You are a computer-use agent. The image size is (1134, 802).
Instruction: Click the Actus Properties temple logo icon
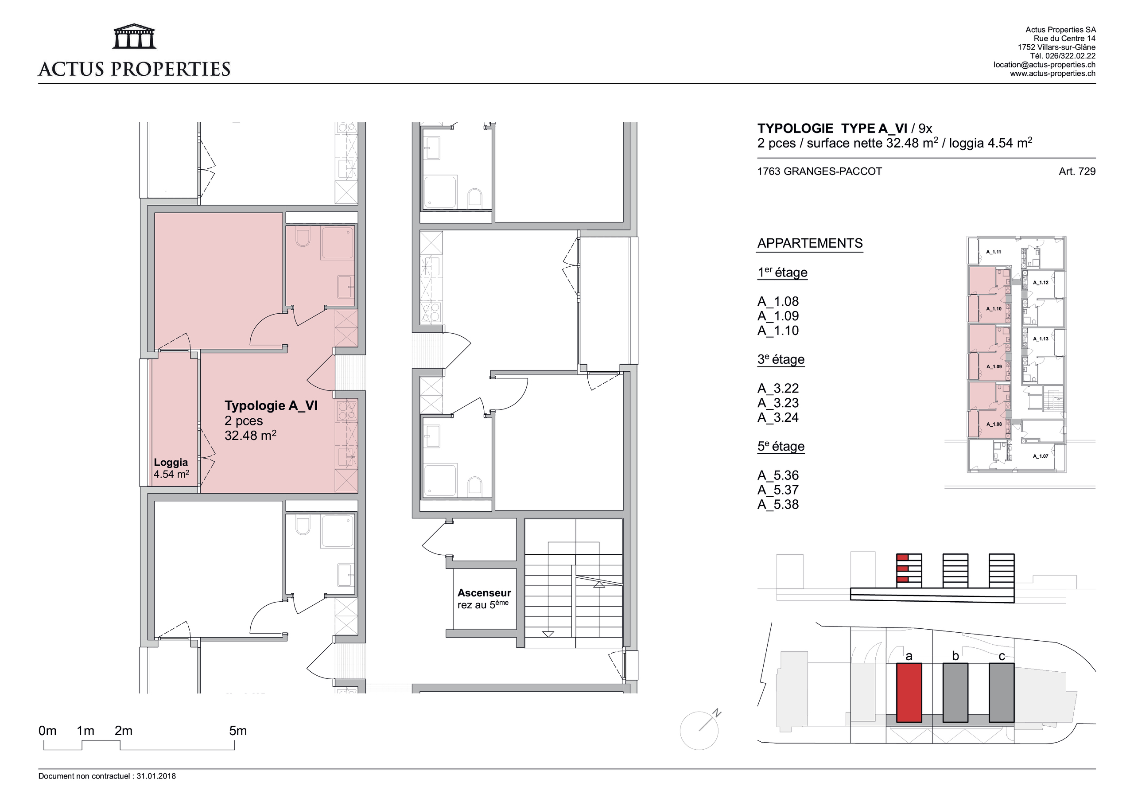pos(134,37)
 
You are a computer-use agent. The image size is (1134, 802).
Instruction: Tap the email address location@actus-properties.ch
pos(1044,65)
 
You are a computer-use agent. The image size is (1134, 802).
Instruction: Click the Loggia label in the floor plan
pos(171,463)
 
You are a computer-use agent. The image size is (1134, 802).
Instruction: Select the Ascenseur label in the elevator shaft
pos(484,593)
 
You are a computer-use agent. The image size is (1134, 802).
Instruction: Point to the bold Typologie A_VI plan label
pos(271,406)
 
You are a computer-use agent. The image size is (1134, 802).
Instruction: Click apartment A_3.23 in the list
pos(778,403)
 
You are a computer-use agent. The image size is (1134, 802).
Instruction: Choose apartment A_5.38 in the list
pos(778,505)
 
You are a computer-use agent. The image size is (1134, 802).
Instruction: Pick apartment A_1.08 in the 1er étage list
pos(778,301)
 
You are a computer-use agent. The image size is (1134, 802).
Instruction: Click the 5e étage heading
pos(781,446)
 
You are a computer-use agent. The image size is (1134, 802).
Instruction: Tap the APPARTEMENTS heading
pos(810,243)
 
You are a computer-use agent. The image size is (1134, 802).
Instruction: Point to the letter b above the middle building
pos(955,656)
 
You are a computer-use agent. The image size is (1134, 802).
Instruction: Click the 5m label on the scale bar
pos(237,731)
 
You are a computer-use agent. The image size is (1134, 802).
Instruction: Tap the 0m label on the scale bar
pos(47,731)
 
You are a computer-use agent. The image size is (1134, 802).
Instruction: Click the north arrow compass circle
pos(699,731)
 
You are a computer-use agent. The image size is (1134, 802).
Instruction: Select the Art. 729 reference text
pos(1077,171)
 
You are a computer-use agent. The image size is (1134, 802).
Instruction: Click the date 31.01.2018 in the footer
pos(156,776)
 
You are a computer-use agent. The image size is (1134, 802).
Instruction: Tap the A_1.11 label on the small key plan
pos(994,252)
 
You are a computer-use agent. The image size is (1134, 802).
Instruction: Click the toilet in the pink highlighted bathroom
pos(303,237)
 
